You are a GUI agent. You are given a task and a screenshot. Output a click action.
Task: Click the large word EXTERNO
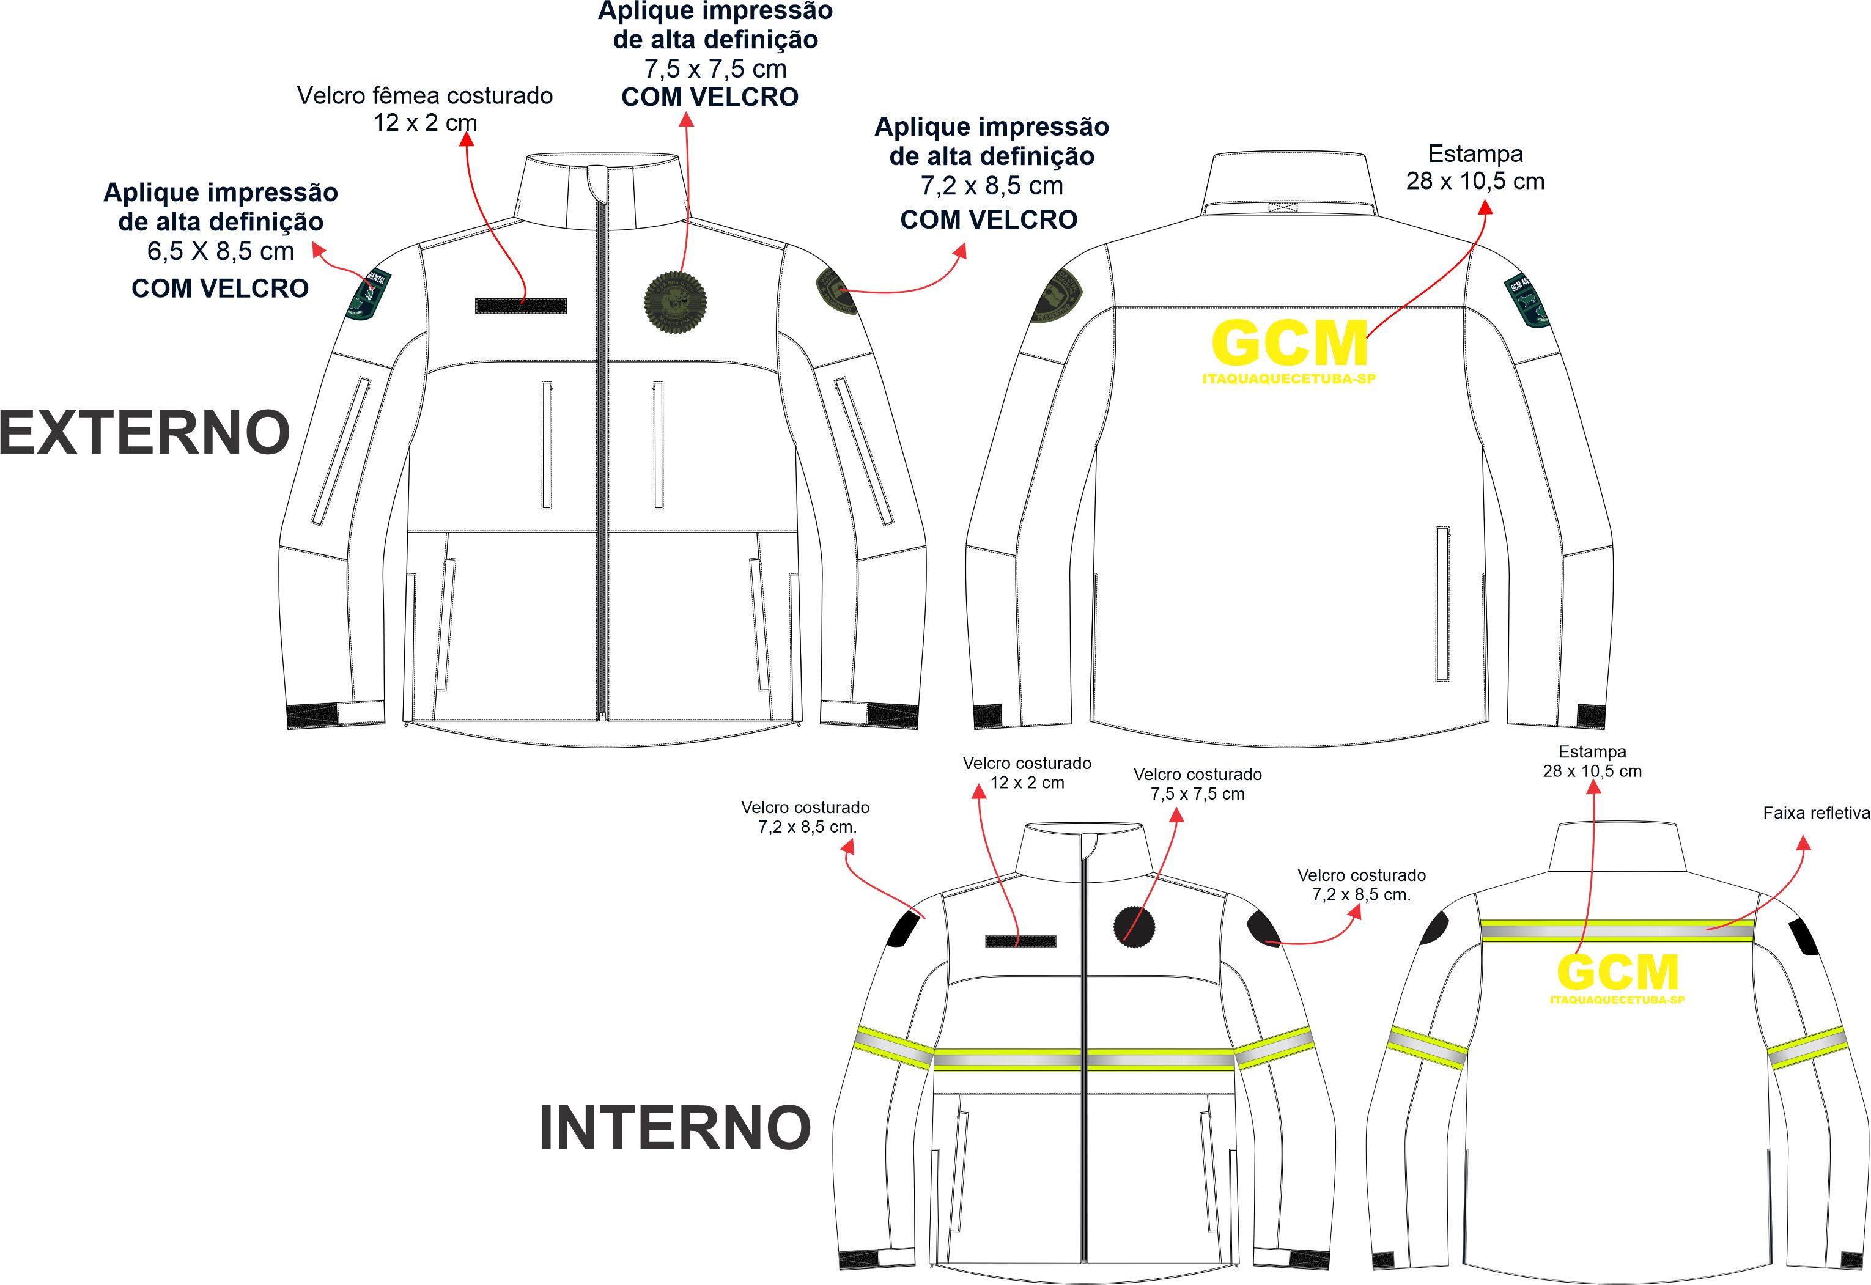click(x=145, y=433)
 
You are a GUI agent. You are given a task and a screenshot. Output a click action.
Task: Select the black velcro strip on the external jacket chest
click(x=521, y=306)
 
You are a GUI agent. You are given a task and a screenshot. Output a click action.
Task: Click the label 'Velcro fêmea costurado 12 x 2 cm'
click(x=425, y=109)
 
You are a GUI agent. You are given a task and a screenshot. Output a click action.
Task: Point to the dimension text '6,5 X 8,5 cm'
click(x=221, y=251)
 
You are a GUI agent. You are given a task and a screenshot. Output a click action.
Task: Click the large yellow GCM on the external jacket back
click(x=1290, y=344)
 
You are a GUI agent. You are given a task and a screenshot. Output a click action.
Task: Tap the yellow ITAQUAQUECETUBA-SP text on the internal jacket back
click(x=1617, y=1000)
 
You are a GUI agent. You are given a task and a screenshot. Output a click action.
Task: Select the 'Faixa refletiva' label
click(x=1815, y=813)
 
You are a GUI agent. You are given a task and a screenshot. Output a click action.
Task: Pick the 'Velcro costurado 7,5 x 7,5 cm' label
click(x=1197, y=784)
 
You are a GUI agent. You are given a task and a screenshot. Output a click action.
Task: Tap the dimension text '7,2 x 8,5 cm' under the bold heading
click(x=992, y=186)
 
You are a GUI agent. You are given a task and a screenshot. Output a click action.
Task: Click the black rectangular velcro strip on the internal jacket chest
click(x=1020, y=941)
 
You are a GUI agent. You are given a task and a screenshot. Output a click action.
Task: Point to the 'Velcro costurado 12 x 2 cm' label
click(x=1027, y=773)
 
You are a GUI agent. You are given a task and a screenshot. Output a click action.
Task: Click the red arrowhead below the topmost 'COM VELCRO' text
click(x=686, y=120)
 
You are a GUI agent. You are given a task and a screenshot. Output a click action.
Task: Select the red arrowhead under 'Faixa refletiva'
click(x=1803, y=844)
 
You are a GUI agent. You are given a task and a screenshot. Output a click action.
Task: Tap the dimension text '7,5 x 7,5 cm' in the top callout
click(x=715, y=68)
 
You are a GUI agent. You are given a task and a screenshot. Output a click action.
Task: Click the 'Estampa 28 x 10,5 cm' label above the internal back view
click(x=1592, y=761)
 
